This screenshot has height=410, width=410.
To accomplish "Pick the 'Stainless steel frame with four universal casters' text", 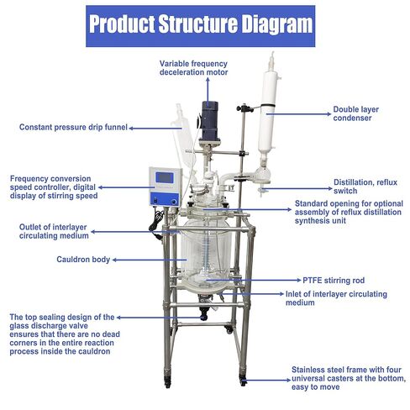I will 346,378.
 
